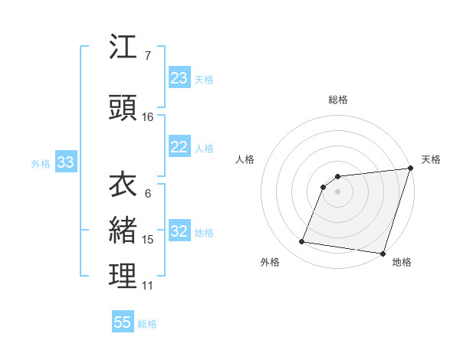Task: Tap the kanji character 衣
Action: [123, 185]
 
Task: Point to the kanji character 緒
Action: [123, 231]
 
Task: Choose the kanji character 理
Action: [123, 277]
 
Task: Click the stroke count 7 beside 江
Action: [147, 56]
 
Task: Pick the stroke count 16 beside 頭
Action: [148, 116]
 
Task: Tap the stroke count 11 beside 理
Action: [148, 286]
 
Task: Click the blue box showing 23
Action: [179, 78]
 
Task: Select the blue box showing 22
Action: [179, 148]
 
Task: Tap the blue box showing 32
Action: [179, 232]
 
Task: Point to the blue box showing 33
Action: [65, 162]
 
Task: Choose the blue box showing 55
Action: [123, 322]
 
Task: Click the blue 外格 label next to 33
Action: [41, 163]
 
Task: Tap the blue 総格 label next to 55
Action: [147, 324]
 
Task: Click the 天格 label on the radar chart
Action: [431, 159]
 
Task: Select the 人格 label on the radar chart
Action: [245, 159]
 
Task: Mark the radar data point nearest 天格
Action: [411, 169]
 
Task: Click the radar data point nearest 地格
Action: [383, 254]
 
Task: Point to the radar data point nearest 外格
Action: [302, 242]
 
